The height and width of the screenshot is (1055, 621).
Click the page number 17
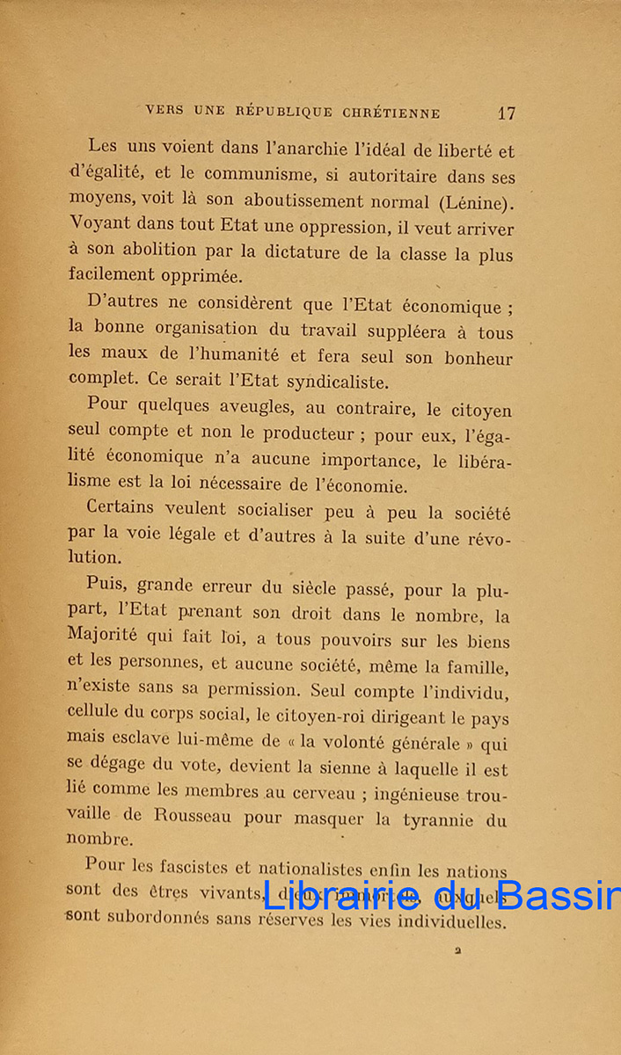[506, 113]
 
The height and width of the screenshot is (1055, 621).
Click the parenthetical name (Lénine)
[475, 201]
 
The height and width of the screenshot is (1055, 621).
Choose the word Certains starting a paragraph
[121, 508]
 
